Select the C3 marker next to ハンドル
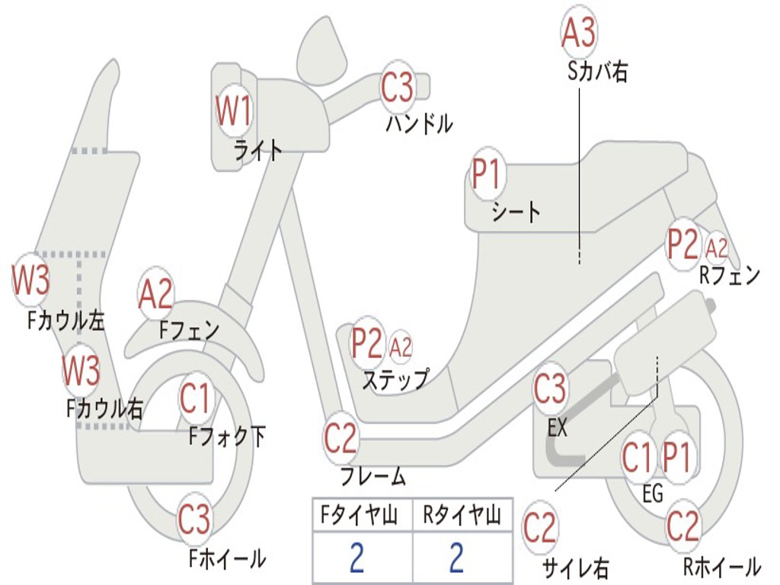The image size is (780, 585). (x=397, y=87)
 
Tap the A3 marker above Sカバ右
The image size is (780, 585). (x=578, y=33)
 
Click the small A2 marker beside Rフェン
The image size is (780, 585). (x=717, y=248)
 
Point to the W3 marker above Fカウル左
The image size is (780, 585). (x=31, y=280)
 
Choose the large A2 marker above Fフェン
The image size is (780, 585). (x=156, y=294)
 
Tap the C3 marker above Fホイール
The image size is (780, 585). (x=194, y=520)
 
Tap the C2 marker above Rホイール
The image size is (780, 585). (x=682, y=526)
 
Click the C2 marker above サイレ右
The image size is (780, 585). (x=540, y=528)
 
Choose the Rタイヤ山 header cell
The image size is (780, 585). (x=462, y=517)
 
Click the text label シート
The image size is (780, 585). (x=516, y=211)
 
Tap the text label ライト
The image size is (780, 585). (x=257, y=151)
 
